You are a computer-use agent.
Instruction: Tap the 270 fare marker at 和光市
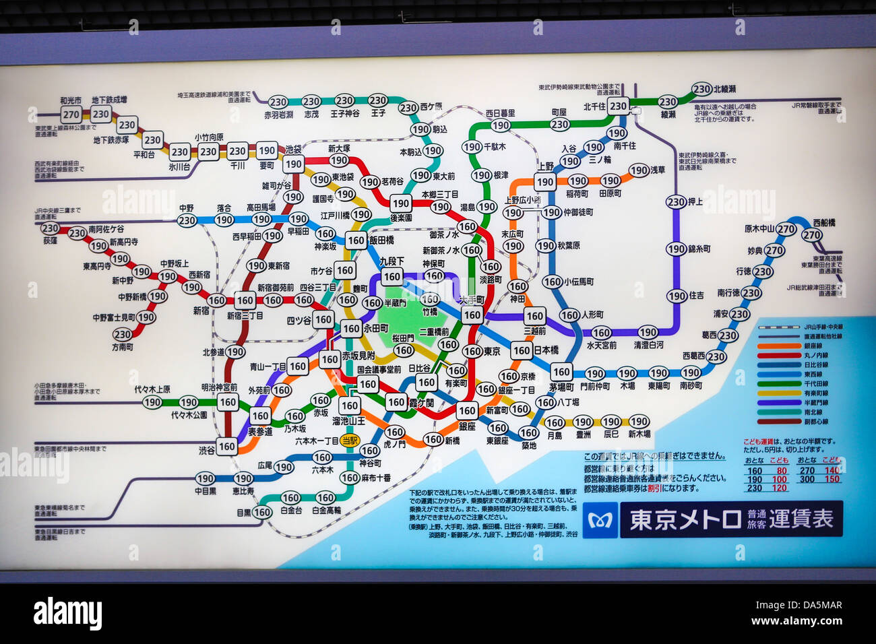(x=71, y=115)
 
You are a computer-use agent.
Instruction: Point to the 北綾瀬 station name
(x=724, y=89)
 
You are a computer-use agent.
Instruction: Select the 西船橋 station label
(x=823, y=222)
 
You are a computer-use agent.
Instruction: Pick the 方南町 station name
(x=123, y=347)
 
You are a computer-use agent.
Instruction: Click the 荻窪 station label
(x=50, y=240)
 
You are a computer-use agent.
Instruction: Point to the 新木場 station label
(x=639, y=434)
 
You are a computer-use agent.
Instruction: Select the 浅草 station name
(x=658, y=170)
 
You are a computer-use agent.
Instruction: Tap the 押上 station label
(x=695, y=201)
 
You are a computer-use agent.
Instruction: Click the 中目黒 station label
(x=205, y=491)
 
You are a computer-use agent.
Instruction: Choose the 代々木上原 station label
(x=152, y=389)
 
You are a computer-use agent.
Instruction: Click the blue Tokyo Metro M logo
(x=600, y=520)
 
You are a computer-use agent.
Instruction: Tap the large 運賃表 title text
(x=801, y=519)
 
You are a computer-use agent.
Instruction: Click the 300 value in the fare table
(x=807, y=479)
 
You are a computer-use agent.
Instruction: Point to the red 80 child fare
(x=782, y=471)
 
